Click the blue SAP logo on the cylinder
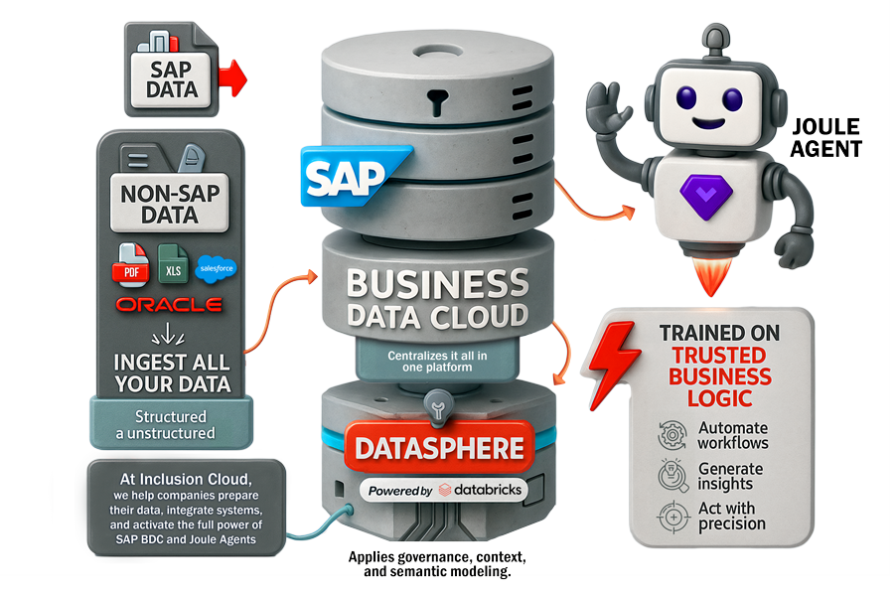(x=353, y=176)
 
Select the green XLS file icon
(x=173, y=264)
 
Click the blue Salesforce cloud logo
(x=217, y=268)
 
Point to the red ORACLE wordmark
(x=169, y=305)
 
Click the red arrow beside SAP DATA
(x=232, y=78)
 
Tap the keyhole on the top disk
(x=436, y=101)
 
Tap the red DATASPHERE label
(x=439, y=448)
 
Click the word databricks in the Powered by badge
(x=488, y=490)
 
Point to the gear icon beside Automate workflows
(x=672, y=435)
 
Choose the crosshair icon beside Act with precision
(x=673, y=517)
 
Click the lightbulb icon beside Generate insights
(x=672, y=476)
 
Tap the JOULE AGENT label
(x=825, y=137)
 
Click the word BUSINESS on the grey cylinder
(x=438, y=283)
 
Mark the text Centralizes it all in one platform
(x=437, y=362)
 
